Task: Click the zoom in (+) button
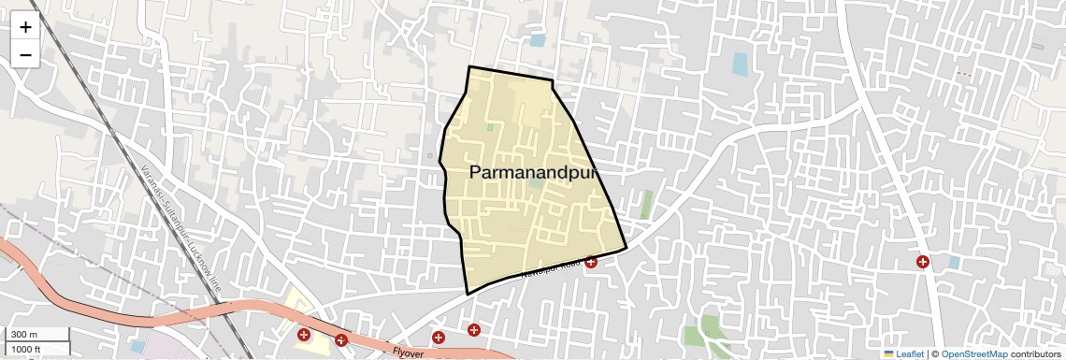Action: (x=25, y=27)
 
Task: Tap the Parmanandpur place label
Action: (x=532, y=173)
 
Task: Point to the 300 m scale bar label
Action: (x=24, y=335)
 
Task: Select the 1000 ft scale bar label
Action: (x=26, y=349)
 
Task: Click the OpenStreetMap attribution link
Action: (x=973, y=353)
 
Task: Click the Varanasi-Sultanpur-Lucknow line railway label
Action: (x=181, y=224)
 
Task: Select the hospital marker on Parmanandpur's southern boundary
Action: (x=591, y=262)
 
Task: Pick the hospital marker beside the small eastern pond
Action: (x=923, y=262)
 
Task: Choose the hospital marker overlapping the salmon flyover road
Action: (x=341, y=340)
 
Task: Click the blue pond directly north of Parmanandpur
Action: (x=537, y=40)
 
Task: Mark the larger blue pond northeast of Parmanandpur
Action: (x=740, y=64)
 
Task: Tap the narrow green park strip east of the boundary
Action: (x=646, y=204)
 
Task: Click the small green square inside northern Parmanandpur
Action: (x=490, y=127)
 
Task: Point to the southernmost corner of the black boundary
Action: (x=468, y=294)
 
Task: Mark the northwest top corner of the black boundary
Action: (x=469, y=67)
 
